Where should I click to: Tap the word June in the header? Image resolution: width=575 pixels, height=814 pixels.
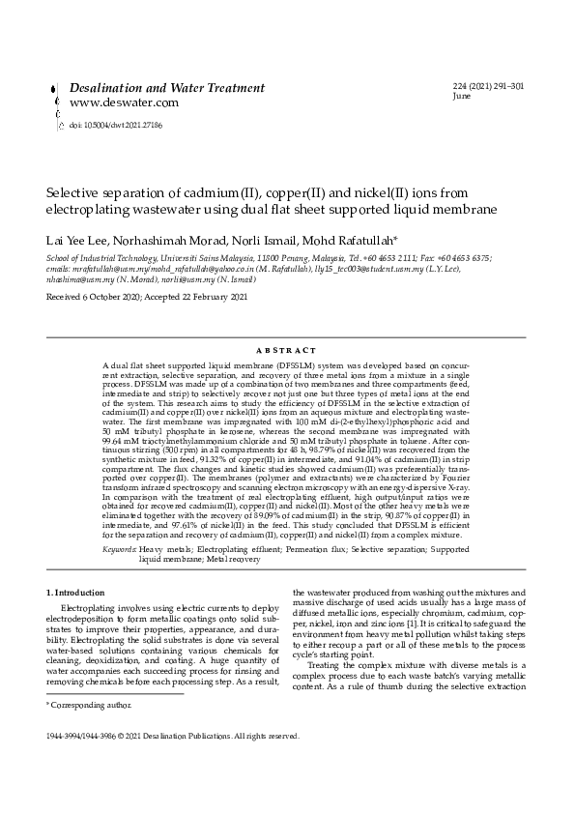(x=462, y=97)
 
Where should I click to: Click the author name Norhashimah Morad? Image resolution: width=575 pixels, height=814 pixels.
(x=175, y=240)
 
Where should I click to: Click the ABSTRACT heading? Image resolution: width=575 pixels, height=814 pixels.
(x=287, y=350)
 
